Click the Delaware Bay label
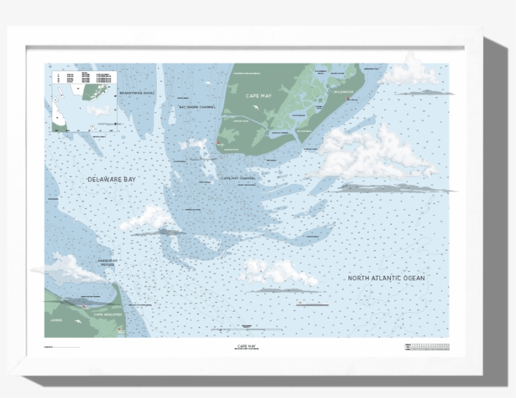[111, 179]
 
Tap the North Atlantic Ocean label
[386, 278]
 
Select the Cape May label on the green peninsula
[259, 95]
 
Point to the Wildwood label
[344, 92]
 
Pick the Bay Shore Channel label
[197, 107]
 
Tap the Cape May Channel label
[238, 178]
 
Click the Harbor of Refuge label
[108, 262]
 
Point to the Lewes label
[57, 320]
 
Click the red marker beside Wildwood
[347, 98]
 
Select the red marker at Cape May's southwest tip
[218, 144]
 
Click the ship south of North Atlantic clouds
[312, 304]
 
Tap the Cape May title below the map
[251, 346]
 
